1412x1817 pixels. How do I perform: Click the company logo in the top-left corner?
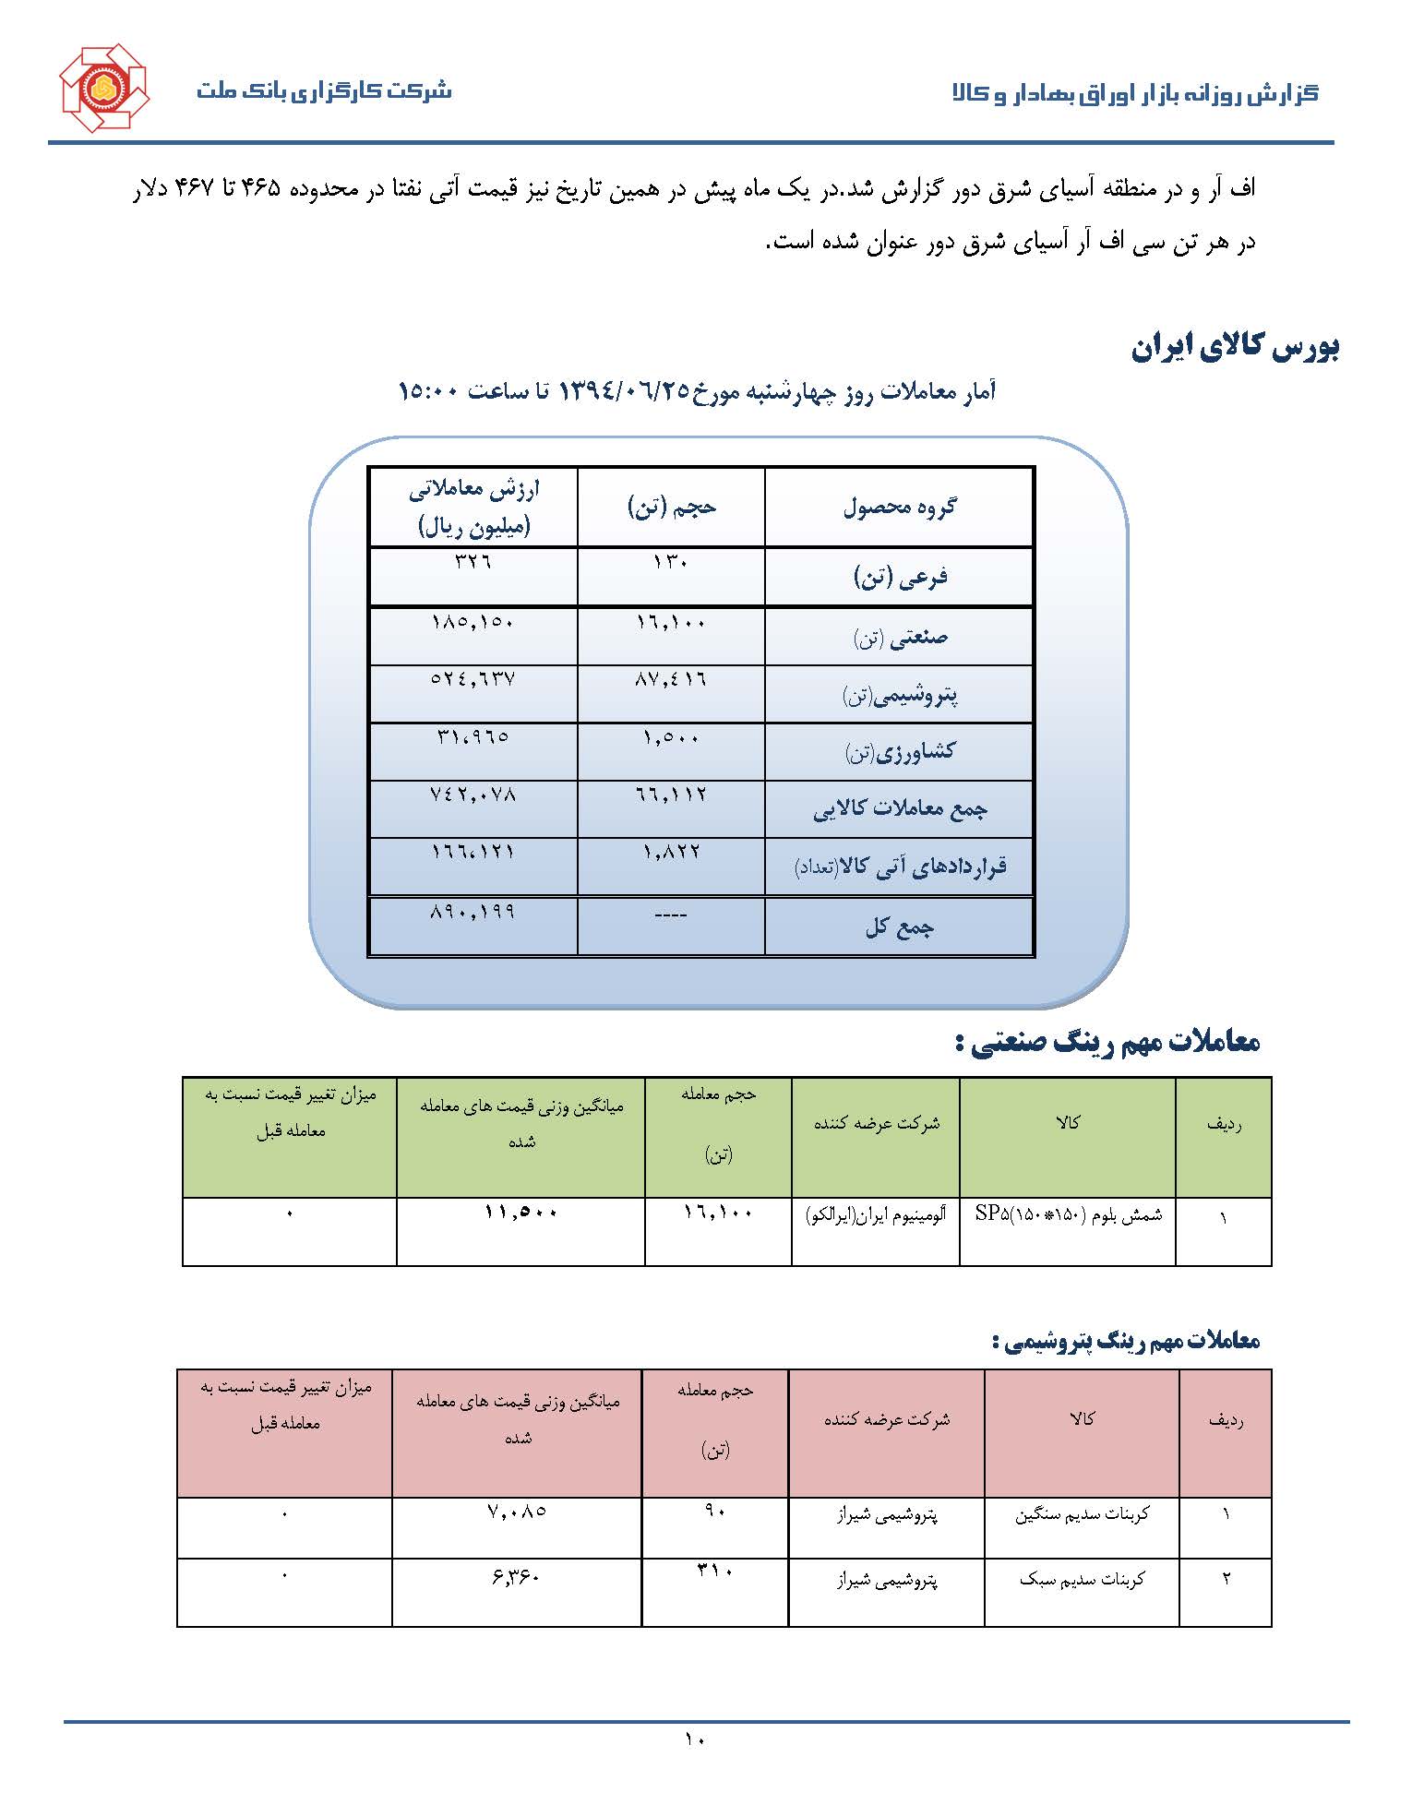coord(103,89)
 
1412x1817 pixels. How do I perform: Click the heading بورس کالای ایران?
coord(1236,347)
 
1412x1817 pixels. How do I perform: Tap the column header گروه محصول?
coord(900,507)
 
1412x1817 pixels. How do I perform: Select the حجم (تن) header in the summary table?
coord(672,507)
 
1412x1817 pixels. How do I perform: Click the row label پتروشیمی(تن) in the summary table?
coord(900,696)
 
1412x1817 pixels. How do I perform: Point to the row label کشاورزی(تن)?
coord(900,753)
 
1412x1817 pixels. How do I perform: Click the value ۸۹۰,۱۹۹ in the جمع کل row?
coord(473,913)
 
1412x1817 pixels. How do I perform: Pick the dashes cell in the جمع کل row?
coord(671,914)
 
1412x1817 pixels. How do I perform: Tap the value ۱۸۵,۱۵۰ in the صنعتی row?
coord(473,623)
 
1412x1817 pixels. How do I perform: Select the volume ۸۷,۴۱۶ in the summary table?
coord(671,680)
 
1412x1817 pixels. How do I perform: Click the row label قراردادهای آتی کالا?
coord(900,867)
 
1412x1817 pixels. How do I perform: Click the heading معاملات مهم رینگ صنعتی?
coord(1107,1043)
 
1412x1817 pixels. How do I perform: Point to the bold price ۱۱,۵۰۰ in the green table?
coord(521,1213)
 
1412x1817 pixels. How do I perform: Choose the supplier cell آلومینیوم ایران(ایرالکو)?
coord(876,1215)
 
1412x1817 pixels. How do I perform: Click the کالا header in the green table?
coord(1068,1123)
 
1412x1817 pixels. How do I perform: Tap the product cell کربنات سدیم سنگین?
coord(1082,1515)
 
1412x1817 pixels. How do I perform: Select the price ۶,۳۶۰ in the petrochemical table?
coord(516,1577)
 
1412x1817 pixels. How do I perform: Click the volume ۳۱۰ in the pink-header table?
coord(715,1571)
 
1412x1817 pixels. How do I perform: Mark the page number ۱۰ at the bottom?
coord(694,1739)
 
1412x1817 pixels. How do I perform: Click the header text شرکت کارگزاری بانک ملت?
coord(324,91)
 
